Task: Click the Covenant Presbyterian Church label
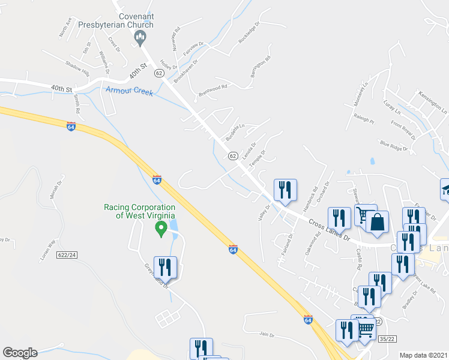point(136,20)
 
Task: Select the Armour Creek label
point(129,91)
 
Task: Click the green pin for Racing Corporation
point(160,228)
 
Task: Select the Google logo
point(20,352)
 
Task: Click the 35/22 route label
point(387,338)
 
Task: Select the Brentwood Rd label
point(212,91)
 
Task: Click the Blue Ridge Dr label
point(394,145)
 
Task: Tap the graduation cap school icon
point(445,189)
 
